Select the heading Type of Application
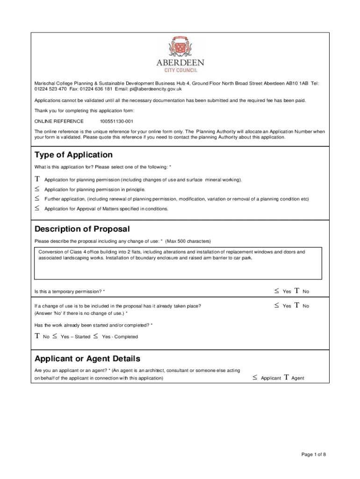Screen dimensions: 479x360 73,155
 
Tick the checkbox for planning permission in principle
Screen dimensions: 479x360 37,189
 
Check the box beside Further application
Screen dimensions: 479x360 37,198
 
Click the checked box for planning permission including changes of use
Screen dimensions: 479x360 37,180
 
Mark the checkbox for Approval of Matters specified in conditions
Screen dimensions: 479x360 37,208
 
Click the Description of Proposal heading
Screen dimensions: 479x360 82,229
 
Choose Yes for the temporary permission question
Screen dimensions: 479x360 277,291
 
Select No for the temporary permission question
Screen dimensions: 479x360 296,291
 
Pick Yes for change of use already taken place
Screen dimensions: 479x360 277,305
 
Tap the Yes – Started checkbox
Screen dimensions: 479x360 55,336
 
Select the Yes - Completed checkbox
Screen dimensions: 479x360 95,336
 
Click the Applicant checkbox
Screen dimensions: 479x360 255,377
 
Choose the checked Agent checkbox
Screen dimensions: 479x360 286,377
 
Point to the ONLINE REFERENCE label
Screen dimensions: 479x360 59,121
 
